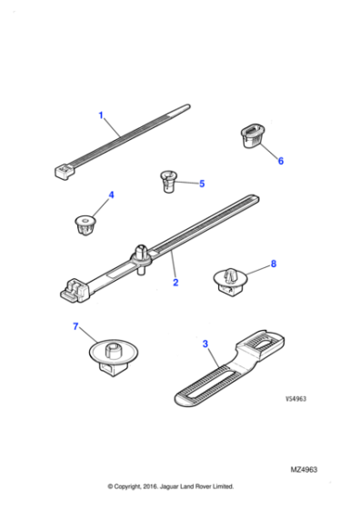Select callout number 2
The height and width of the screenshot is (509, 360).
pos(175,283)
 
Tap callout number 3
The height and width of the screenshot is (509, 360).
pos(205,344)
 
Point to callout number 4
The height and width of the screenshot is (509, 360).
pos(112,195)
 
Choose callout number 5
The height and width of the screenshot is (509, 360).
pos(201,184)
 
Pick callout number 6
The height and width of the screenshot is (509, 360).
pos(280,161)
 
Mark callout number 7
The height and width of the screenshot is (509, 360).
pos(75,326)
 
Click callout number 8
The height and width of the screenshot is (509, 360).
pos(272,265)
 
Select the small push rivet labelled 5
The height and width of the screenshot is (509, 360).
pos(167,181)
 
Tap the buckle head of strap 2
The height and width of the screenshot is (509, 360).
pos(74,288)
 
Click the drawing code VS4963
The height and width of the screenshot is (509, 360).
pos(297,398)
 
